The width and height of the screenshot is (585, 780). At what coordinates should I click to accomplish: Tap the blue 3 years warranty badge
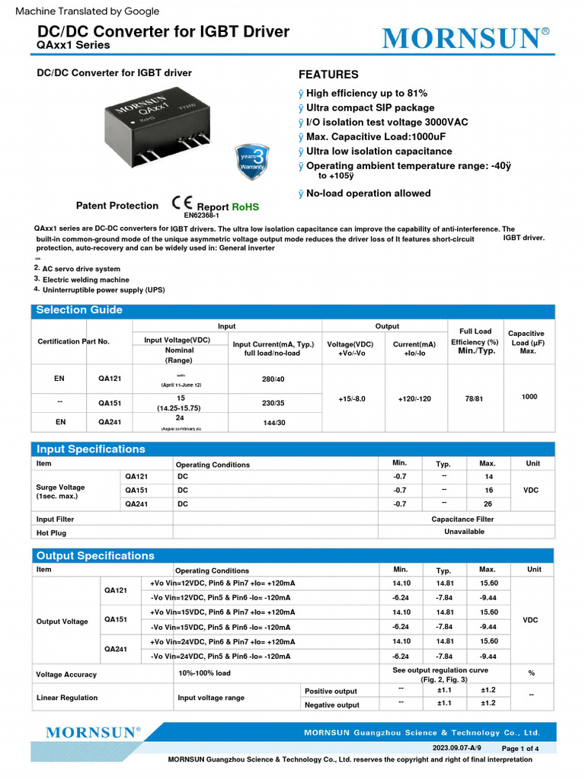253,160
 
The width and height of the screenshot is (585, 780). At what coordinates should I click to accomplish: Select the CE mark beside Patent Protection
182,203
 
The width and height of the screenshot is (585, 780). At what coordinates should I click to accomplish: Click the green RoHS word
245,206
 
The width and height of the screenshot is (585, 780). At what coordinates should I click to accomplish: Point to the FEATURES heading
328,75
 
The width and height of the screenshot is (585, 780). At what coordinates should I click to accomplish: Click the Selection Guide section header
79,310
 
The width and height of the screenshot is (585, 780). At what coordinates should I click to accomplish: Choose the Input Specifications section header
91,449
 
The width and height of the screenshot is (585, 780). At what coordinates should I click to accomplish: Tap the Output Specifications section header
95,555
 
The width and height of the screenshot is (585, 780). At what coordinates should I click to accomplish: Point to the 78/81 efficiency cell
473,398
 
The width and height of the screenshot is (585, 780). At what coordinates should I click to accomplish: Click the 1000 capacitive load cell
529,397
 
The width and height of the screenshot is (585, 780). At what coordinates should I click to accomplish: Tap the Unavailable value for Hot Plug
464,532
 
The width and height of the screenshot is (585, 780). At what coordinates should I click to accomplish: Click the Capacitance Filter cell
462,519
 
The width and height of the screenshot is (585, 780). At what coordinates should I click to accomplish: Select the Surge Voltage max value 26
487,503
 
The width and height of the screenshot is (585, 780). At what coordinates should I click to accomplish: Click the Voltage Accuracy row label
66,674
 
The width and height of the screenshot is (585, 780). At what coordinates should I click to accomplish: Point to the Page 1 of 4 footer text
519,749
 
